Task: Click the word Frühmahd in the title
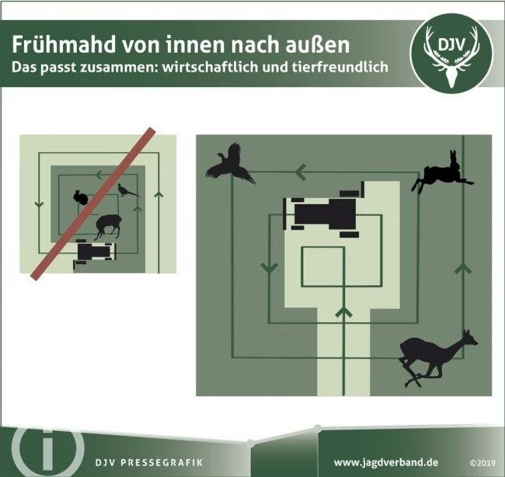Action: click(x=64, y=45)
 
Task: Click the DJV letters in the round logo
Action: click(x=451, y=45)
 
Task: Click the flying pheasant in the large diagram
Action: click(x=230, y=164)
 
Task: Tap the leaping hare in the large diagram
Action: click(x=442, y=172)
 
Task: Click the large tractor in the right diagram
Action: click(x=324, y=210)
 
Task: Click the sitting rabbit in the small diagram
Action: click(x=81, y=197)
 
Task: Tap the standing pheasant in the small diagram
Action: click(x=128, y=190)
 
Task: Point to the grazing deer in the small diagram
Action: click(x=108, y=227)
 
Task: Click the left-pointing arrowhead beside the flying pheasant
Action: click(x=301, y=172)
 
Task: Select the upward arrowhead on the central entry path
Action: click(x=343, y=312)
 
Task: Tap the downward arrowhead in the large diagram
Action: click(x=270, y=268)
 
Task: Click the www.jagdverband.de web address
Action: click(x=386, y=463)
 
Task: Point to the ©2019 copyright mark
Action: click(x=482, y=464)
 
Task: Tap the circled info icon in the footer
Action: click(x=48, y=449)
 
